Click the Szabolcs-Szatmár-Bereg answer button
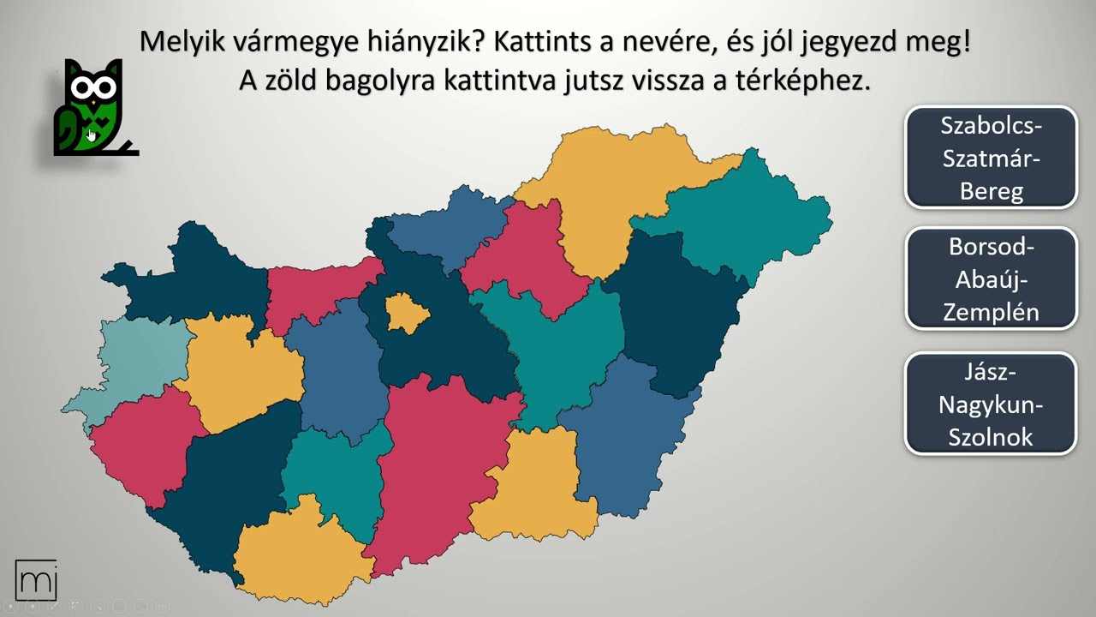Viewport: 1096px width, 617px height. pos(991,158)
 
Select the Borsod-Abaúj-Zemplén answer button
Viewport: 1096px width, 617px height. pos(991,279)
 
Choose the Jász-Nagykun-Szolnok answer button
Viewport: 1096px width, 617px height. pos(991,404)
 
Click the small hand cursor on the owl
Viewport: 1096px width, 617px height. pos(92,135)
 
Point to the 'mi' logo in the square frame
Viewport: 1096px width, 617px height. pos(36,580)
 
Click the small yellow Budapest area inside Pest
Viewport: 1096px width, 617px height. pos(406,312)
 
